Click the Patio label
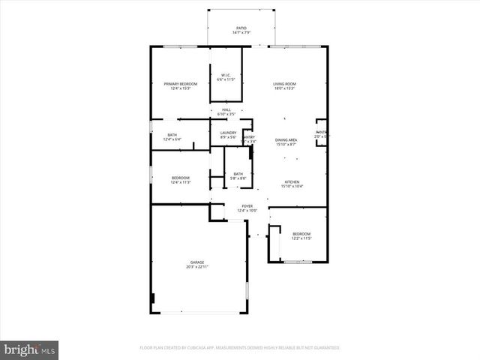pyautogui.click(x=241, y=27)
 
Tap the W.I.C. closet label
pyautogui.click(x=226, y=74)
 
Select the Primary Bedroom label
pyautogui.click(x=181, y=83)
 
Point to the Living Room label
pyautogui.click(x=283, y=83)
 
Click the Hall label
pyautogui.click(x=226, y=109)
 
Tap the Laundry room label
pyautogui.click(x=228, y=133)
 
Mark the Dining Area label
pyautogui.click(x=286, y=140)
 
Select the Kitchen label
pyautogui.click(x=291, y=181)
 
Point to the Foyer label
pyautogui.click(x=247, y=205)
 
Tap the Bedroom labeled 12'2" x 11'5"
pyautogui.click(x=301, y=234)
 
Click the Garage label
pyautogui.click(x=196, y=262)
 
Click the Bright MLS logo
pyautogui.click(x=29, y=349)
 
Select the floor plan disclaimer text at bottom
pyautogui.click(x=240, y=348)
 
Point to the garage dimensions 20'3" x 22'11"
pyautogui.click(x=196, y=267)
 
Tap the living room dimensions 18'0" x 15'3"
pyautogui.click(x=283, y=88)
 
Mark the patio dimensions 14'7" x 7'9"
pyautogui.click(x=241, y=32)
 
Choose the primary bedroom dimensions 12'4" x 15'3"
pyautogui.click(x=181, y=88)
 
